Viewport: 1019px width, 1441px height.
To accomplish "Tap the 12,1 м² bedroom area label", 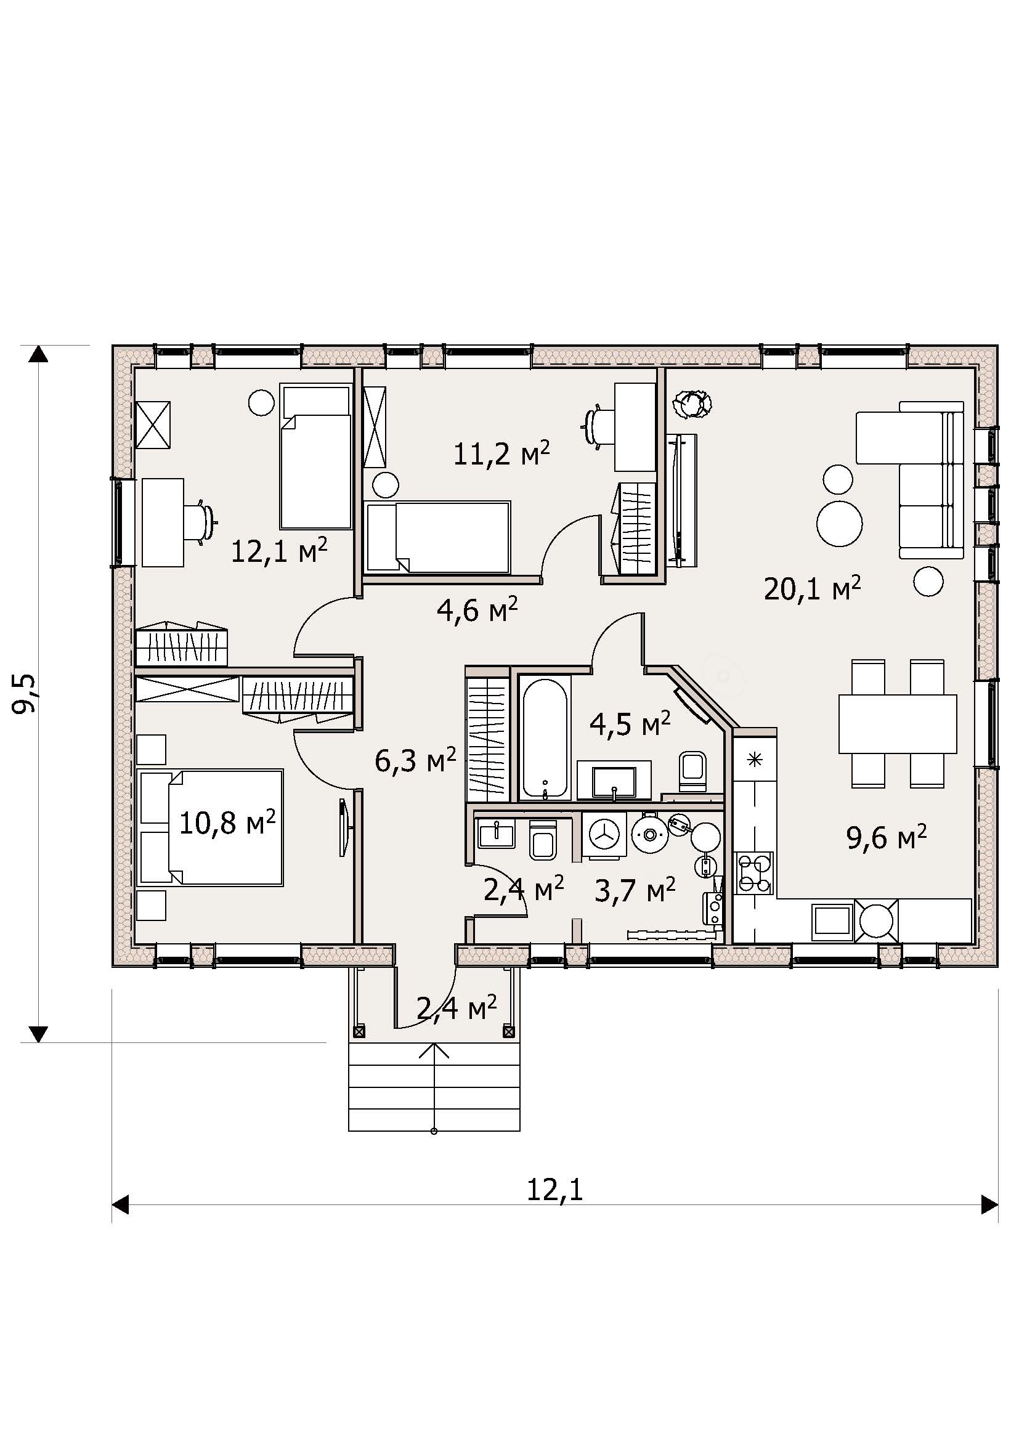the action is click(x=279, y=550).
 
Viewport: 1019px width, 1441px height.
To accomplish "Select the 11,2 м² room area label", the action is click(x=501, y=453).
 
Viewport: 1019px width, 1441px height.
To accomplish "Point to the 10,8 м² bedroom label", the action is click(x=227, y=822).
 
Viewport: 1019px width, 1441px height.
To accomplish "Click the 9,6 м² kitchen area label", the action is click(x=887, y=837).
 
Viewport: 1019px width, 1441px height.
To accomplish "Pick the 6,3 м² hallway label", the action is click(x=415, y=761).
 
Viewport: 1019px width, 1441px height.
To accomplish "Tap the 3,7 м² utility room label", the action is click(x=635, y=890).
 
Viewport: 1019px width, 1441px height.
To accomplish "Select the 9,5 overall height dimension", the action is click(x=26, y=694).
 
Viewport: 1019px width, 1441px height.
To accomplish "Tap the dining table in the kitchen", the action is click(x=897, y=724).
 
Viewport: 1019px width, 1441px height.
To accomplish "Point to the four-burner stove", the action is click(x=755, y=872).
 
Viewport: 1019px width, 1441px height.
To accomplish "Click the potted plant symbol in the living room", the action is click(x=692, y=404).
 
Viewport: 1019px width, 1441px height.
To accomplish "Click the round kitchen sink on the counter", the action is click(x=876, y=920).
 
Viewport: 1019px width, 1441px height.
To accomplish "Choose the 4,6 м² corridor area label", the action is click(x=477, y=609).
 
